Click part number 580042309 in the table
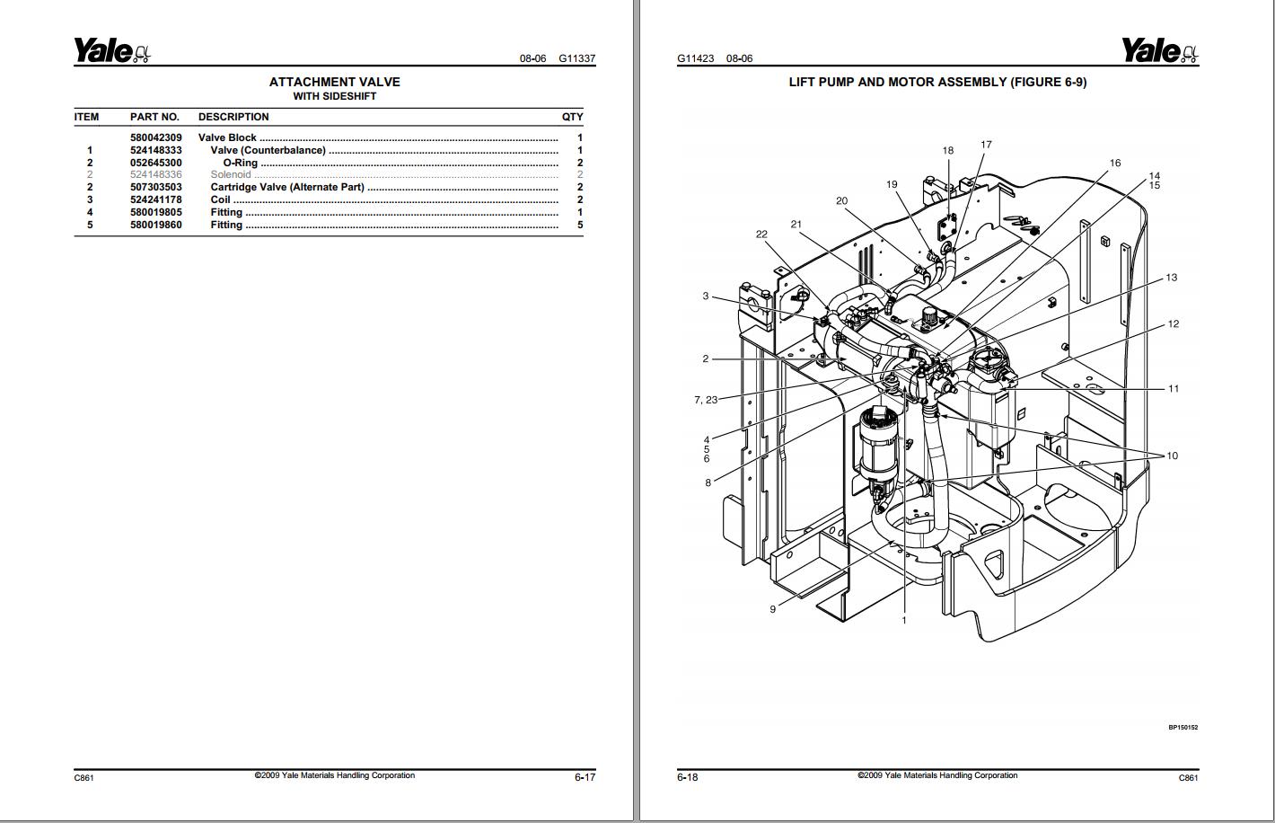155,137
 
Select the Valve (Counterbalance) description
268,150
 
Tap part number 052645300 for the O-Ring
155,163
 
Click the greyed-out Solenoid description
231,174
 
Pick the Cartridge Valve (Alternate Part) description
287,187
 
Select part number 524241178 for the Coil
155,199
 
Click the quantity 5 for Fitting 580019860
580,225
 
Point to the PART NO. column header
154,117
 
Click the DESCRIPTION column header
233,117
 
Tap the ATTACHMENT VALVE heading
334,82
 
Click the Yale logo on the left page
111,51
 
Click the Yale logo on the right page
1159,51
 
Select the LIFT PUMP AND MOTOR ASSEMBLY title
936,82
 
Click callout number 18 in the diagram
947,150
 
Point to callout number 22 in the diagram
761,234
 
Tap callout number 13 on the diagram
1171,278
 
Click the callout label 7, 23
705,400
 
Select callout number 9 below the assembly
772,609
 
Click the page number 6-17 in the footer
585,777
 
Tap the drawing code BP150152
1183,728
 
